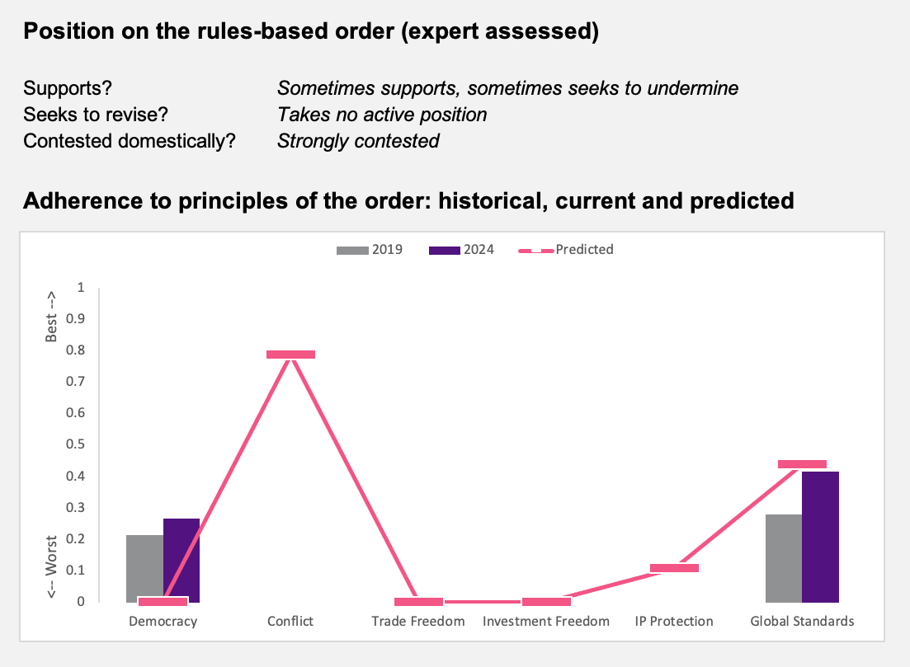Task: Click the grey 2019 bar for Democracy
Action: pyautogui.click(x=144, y=568)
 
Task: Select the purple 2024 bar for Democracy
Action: pyautogui.click(x=182, y=561)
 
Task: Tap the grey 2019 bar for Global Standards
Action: pyautogui.click(x=784, y=558)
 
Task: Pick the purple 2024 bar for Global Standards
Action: pyautogui.click(x=821, y=537)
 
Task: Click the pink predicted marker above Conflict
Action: pyautogui.click(x=290, y=355)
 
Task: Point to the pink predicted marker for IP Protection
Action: pyautogui.click(x=674, y=568)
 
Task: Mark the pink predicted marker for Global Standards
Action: pyautogui.click(x=802, y=464)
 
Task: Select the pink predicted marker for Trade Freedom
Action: pyautogui.click(x=418, y=602)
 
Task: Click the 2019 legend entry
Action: pyautogui.click(x=370, y=250)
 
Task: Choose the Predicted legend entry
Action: pyautogui.click(x=566, y=250)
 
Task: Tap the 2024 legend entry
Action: pyautogui.click(x=461, y=250)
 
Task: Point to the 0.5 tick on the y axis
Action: pyautogui.click(x=75, y=444)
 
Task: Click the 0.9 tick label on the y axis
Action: pyautogui.click(x=75, y=318)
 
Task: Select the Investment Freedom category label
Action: pyautogui.click(x=546, y=621)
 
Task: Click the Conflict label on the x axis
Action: pyautogui.click(x=290, y=621)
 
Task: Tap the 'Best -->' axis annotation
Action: pyautogui.click(x=51, y=317)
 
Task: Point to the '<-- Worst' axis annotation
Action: pyautogui.click(x=51, y=567)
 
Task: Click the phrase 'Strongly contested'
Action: pyautogui.click(x=358, y=141)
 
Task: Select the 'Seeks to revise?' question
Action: pyautogui.click(x=96, y=115)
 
